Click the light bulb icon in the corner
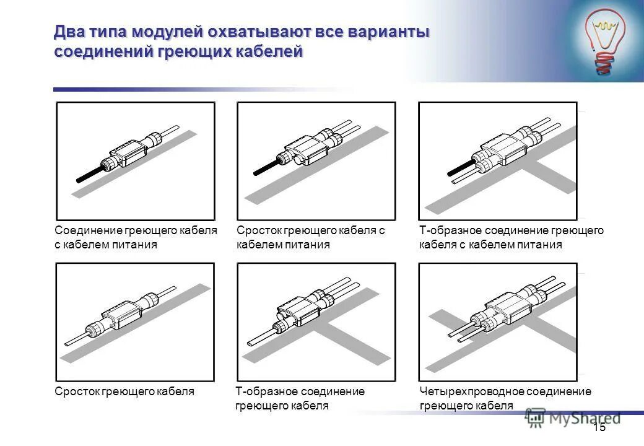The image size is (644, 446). click(605, 40)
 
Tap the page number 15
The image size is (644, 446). click(599, 427)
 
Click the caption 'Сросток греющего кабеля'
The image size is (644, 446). click(124, 391)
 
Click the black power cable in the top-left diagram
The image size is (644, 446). click(90, 174)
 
